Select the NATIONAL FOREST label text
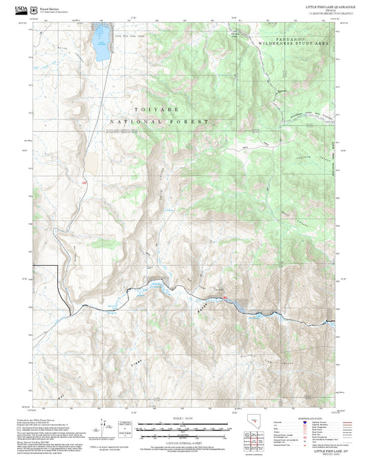(x=158, y=121)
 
